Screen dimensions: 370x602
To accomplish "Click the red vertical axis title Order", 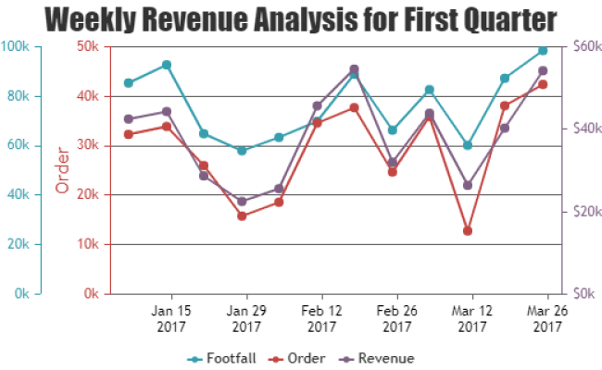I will [x=63, y=170].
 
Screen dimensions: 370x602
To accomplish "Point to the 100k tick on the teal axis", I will [x=19, y=46].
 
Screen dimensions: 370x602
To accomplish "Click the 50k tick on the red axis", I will [x=89, y=46].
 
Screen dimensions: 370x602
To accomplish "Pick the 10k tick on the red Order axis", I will [x=89, y=244].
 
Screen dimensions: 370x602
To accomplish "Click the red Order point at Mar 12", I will [x=468, y=230].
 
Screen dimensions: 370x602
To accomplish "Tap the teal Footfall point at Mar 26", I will [x=543, y=51].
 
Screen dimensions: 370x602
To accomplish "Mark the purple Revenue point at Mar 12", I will [x=468, y=185].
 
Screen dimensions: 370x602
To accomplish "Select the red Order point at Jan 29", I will [x=242, y=216].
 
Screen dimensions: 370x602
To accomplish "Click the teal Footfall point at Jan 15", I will [x=166, y=65].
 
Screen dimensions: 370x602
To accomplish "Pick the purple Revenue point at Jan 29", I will [x=242, y=201].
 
